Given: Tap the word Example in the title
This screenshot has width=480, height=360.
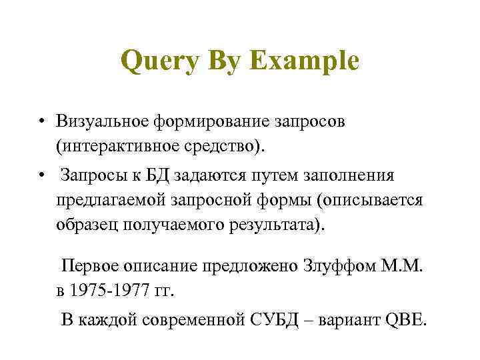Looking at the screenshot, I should click(305, 62).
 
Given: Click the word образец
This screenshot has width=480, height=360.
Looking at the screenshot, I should click(83, 223).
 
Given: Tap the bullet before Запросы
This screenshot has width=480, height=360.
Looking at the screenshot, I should click(41, 175).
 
